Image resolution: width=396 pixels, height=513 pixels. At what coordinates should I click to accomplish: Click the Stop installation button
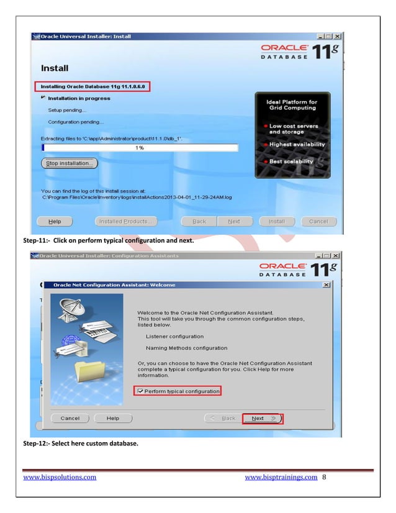point(69,163)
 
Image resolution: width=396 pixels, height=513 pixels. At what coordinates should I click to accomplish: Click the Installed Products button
point(127,221)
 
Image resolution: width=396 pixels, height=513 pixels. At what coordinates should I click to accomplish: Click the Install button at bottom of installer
point(276,221)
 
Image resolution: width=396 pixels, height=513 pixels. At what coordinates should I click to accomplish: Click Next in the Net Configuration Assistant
point(262,419)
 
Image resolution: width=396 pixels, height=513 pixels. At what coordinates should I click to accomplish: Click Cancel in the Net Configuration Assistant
point(70,419)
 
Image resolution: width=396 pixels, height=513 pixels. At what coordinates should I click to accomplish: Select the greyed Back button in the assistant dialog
point(224,419)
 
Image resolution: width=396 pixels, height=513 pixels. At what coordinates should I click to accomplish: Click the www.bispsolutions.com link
point(60,477)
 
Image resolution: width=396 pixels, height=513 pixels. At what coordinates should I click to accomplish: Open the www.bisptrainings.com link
point(281,477)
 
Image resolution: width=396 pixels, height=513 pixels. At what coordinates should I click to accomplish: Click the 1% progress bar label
point(140,148)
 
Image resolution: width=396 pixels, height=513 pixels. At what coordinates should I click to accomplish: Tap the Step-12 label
point(37,444)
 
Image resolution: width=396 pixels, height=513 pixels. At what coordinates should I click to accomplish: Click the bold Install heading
point(55,67)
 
